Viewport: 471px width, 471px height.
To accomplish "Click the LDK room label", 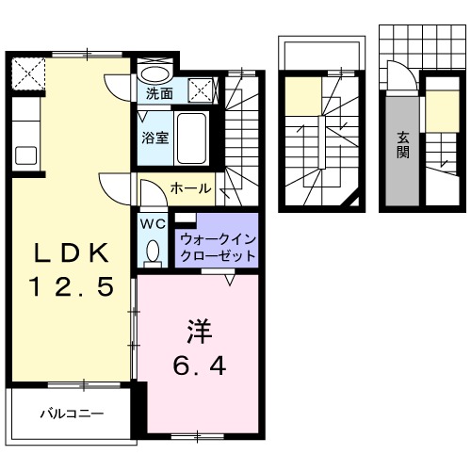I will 69,252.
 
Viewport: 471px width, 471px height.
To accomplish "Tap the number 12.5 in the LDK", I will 69,285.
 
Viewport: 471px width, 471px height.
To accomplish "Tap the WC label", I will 152,224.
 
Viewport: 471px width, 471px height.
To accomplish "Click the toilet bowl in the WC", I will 153,252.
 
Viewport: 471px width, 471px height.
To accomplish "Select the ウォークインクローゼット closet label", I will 216,247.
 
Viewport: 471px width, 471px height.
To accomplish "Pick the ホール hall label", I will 190,188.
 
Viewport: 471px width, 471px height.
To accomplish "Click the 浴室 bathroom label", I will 156,138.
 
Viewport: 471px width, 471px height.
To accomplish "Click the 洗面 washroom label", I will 159,93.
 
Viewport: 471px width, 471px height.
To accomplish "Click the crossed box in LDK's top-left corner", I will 29,72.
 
